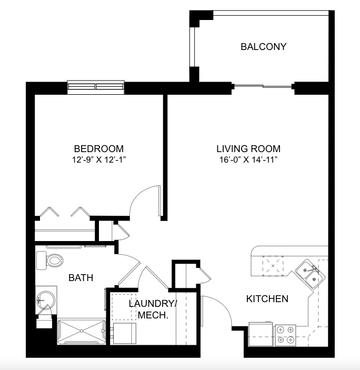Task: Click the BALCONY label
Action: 264,47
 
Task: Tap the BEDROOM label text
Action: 99,149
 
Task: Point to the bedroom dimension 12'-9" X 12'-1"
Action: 99,160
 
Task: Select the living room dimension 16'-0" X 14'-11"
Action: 248,160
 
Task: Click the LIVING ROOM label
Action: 248,149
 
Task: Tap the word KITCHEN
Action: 267,299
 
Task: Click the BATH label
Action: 81,278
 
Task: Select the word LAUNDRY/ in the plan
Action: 153,304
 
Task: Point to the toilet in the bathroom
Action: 50,261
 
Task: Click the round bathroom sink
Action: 46,301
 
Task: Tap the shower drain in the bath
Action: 82,331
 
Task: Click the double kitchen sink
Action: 310,274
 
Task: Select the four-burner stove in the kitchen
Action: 285,335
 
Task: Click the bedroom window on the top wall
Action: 96,87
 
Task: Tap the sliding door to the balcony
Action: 263,86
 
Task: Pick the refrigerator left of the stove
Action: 261,334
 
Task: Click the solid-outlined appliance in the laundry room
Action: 124,333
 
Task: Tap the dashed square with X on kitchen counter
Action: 273,266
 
